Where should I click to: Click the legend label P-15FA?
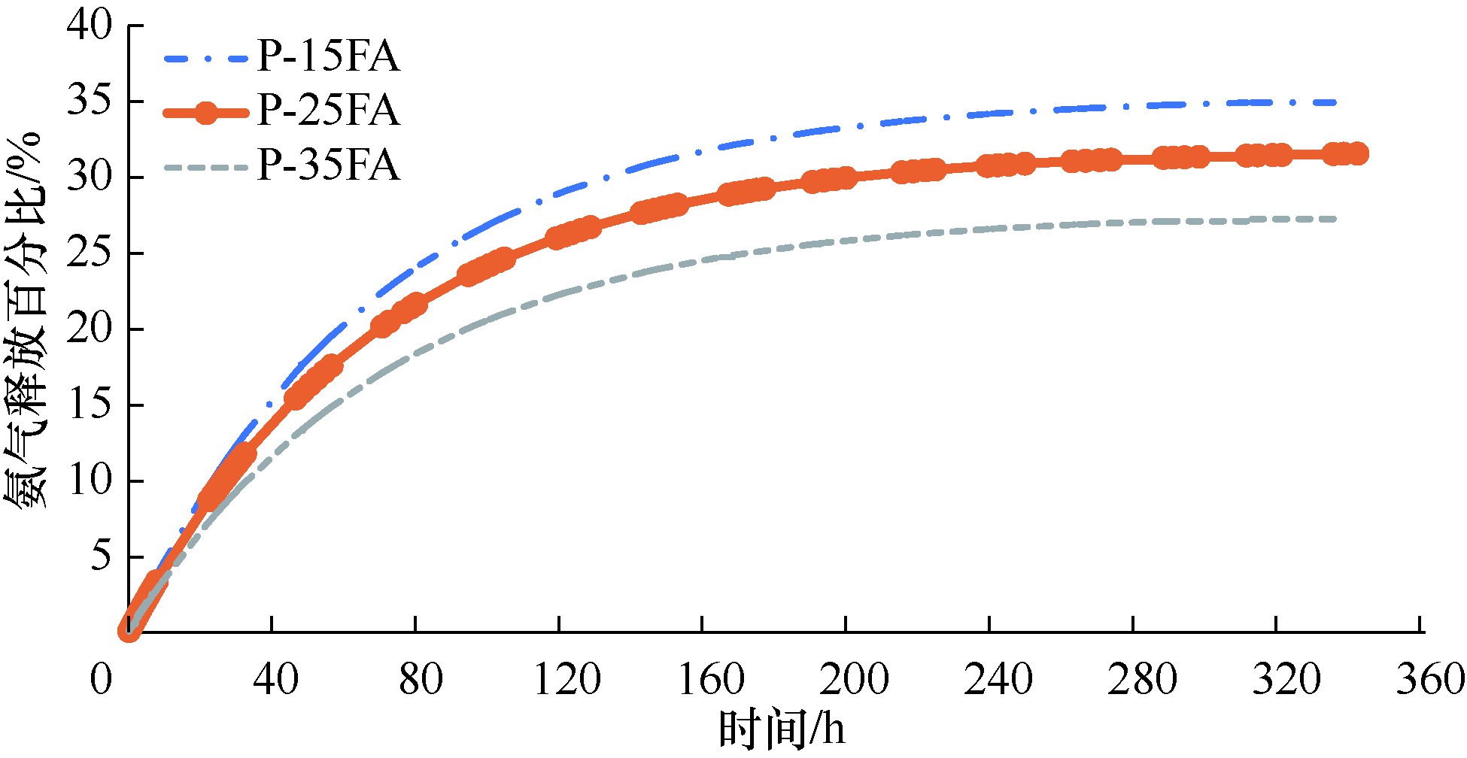point(328,57)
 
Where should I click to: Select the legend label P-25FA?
point(328,111)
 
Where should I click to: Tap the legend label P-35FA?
point(328,165)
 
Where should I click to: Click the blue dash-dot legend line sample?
point(205,58)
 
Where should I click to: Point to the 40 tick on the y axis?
point(89,26)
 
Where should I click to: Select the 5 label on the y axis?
point(100,557)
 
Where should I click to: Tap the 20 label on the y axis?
point(89,329)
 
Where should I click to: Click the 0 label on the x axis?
point(101,679)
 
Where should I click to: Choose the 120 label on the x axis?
point(566,679)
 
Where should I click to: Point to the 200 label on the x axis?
point(854,679)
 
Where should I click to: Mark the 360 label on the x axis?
point(1430,679)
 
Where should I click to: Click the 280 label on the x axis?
point(1141,679)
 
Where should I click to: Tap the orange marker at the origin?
point(129,630)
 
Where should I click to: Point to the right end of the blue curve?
point(1335,102)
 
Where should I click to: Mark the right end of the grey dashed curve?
point(1335,219)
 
